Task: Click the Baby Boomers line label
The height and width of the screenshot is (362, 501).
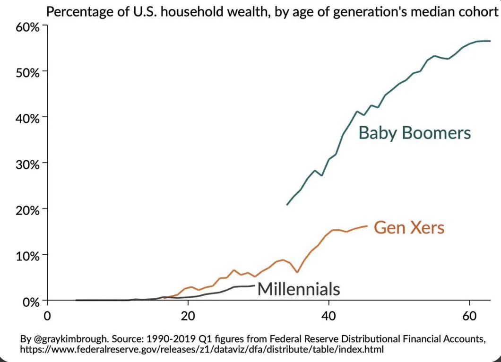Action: click(x=415, y=133)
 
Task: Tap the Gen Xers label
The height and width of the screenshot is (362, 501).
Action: click(x=409, y=228)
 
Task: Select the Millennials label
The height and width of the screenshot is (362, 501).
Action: click(x=299, y=288)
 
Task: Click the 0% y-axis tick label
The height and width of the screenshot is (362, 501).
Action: click(x=31, y=301)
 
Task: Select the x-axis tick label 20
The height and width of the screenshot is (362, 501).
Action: click(x=188, y=315)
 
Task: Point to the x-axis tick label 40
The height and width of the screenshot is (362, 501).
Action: click(x=328, y=315)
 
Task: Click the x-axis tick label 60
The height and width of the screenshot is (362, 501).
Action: click(x=468, y=315)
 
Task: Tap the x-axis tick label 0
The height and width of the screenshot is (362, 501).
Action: click(x=47, y=315)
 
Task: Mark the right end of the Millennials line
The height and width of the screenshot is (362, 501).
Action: click(x=255, y=285)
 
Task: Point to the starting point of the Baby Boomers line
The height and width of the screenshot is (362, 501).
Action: click(x=287, y=205)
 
